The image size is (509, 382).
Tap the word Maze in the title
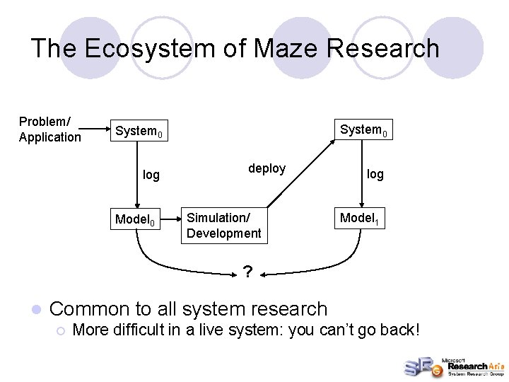tap(259, 48)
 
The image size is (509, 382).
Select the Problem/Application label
tap(50, 129)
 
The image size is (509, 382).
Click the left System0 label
tap(139, 132)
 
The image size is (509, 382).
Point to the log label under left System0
tap(151, 175)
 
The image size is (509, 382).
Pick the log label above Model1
tap(375, 174)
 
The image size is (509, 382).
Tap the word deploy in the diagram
tap(267, 168)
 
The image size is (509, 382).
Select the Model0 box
tap(139, 220)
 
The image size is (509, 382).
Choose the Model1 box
tap(363, 219)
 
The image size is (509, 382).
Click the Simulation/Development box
tap(224, 225)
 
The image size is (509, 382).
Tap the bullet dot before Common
tap(35, 309)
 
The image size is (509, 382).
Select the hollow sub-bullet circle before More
tap(62, 330)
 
